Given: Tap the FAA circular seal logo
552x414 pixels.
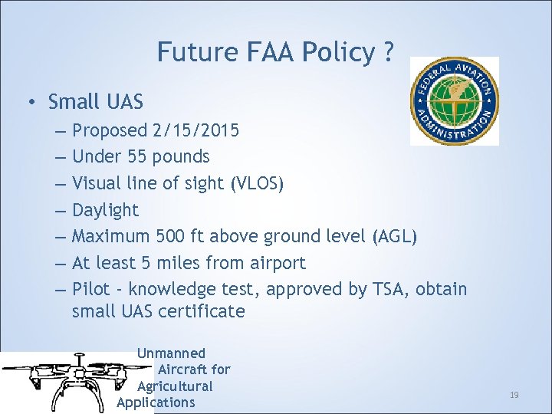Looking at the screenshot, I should pyautogui.click(x=454, y=100).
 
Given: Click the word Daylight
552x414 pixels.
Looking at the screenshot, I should pyautogui.click(x=105, y=210).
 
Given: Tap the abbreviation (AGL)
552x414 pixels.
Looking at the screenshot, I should pyautogui.click(x=394, y=237).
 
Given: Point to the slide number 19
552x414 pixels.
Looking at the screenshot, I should pyautogui.click(x=514, y=395).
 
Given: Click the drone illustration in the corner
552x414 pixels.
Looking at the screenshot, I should pyautogui.click(x=69, y=381).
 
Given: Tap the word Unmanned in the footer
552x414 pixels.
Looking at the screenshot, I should pyautogui.click(x=171, y=353).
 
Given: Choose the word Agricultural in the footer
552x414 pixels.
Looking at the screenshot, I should pyautogui.click(x=175, y=386).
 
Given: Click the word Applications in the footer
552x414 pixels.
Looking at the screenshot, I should pyautogui.click(x=156, y=402).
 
